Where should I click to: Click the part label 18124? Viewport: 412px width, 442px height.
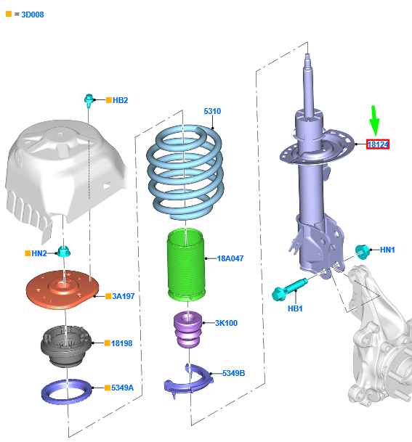[378, 144]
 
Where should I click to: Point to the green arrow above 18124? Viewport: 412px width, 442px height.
[374, 120]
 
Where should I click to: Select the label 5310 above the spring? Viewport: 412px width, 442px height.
[212, 111]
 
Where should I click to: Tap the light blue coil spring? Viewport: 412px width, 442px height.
[185, 172]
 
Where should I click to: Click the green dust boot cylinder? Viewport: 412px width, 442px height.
[186, 264]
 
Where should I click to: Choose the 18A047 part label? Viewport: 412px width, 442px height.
[230, 258]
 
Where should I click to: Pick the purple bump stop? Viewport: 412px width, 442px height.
[187, 330]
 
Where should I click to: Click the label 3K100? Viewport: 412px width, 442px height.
[226, 323]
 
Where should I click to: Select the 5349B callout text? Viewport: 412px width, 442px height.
[233, 373]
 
